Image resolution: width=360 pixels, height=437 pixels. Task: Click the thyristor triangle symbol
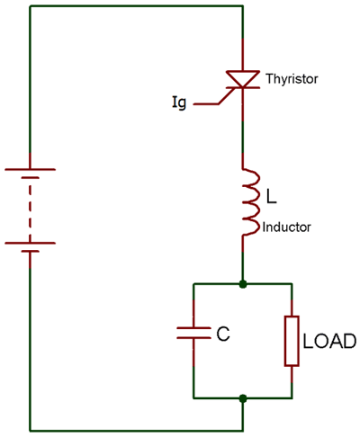243,79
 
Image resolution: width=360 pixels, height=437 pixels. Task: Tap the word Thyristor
291,80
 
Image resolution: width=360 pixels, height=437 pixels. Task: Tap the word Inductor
286,227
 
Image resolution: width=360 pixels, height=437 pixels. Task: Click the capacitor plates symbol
193,332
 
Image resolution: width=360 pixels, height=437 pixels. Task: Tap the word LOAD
329,342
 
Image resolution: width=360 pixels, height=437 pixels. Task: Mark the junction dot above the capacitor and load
243,283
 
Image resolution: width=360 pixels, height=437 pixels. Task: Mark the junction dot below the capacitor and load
243,397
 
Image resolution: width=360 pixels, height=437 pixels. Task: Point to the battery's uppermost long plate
31,168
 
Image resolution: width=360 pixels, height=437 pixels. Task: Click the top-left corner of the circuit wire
31,6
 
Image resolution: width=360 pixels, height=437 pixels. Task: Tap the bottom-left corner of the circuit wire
31,429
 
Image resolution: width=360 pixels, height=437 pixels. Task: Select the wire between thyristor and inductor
243,135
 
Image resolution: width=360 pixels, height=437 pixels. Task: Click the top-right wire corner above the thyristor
243,6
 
